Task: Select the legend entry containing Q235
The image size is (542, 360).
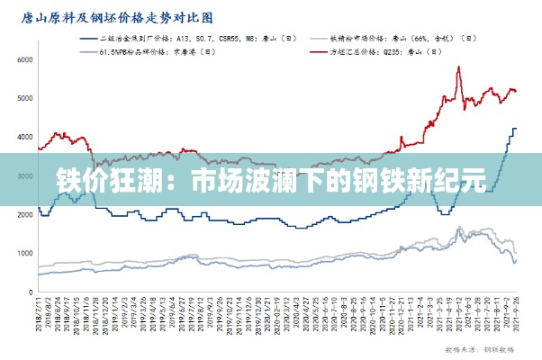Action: [384, 52]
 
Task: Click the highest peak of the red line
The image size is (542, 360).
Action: [458, 67]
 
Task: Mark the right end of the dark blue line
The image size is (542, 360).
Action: [516, 128]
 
